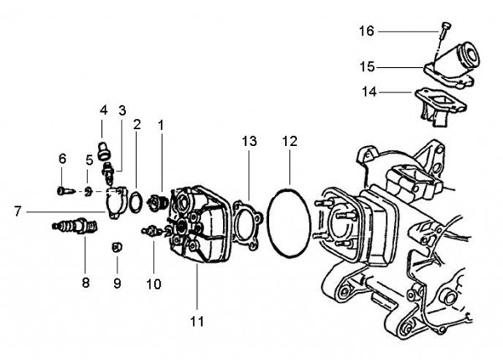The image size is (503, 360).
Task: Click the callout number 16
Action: [367, 31]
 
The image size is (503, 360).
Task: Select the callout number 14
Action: [370, 92]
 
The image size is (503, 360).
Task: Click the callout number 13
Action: [249, 141]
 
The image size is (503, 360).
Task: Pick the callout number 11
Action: [197, 322]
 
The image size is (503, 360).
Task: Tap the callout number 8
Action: [85, 282]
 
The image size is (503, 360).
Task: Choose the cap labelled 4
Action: [104, 147]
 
